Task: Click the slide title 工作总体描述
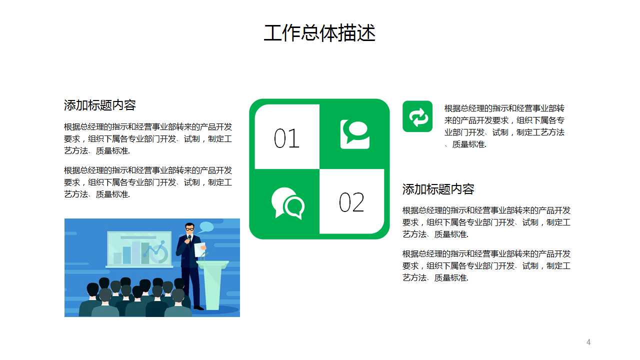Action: tap(319, 33)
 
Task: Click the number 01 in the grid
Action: tap(286, 138)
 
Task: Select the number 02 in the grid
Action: tap(351, 202)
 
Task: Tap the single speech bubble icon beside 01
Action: tap(355, 133)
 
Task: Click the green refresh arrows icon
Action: tap(417, 116)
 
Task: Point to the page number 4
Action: tap(588, 342)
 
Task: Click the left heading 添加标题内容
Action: tap(100, 105)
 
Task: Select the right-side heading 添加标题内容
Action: tap(438, 189)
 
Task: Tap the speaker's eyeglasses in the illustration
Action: tap(189, 228)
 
